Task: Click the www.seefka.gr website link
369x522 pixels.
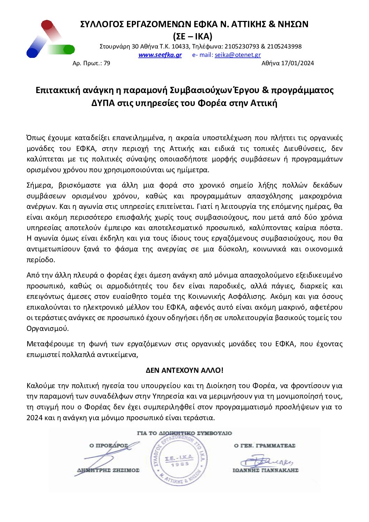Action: click(x=160, y=55)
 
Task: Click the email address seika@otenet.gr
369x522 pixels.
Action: click(x=238, y=55)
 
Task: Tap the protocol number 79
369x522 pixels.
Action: click(x=107, y=63)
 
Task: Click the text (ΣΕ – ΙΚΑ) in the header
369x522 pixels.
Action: click(x=193, y=36)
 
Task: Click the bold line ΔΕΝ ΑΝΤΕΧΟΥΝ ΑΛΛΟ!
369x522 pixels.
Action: click(x=184, y=370)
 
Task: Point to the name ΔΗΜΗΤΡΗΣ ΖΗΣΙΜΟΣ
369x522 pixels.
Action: click(x=108, y=470)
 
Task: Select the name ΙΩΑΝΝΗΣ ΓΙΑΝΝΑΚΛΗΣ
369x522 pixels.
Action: click(x=265, y=470)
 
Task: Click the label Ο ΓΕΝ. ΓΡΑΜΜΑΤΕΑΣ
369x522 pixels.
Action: click(x=264, y=446)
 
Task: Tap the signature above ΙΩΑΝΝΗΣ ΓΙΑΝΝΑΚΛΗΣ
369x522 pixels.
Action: click(x=267, y=461)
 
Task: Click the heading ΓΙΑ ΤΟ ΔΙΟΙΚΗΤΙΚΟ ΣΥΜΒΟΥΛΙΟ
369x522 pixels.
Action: click(x=184, y=433)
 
